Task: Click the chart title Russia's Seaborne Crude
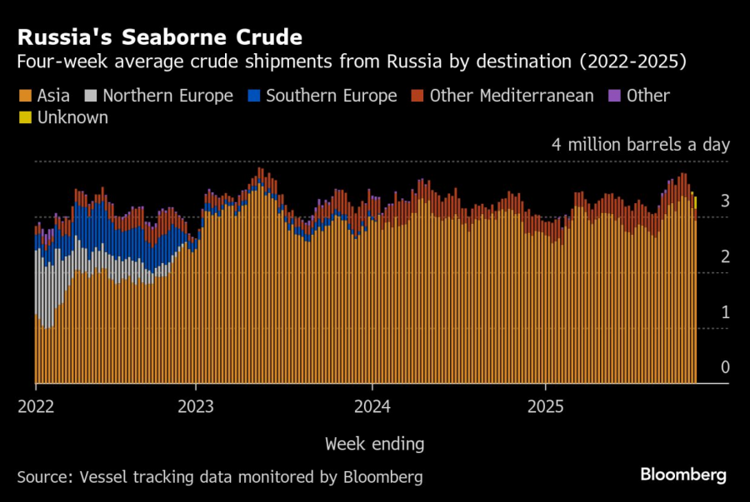point(159,37)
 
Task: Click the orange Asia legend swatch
point(23,96)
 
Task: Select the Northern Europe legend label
point(167,96)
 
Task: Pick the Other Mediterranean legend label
point(511,96)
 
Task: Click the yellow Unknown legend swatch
point(23,117)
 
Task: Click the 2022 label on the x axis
point(35,408)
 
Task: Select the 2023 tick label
point(195,408)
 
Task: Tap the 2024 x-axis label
point(372,408)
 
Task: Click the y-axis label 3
point(725,201)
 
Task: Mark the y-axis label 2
point(725,256)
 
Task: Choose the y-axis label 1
point(725,312)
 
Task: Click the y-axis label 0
point(725,367)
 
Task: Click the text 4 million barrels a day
point(640,145)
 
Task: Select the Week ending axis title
point(374,443)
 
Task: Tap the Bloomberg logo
point(683,475)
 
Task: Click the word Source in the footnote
point(42,477)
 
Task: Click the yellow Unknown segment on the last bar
point(696,202)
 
